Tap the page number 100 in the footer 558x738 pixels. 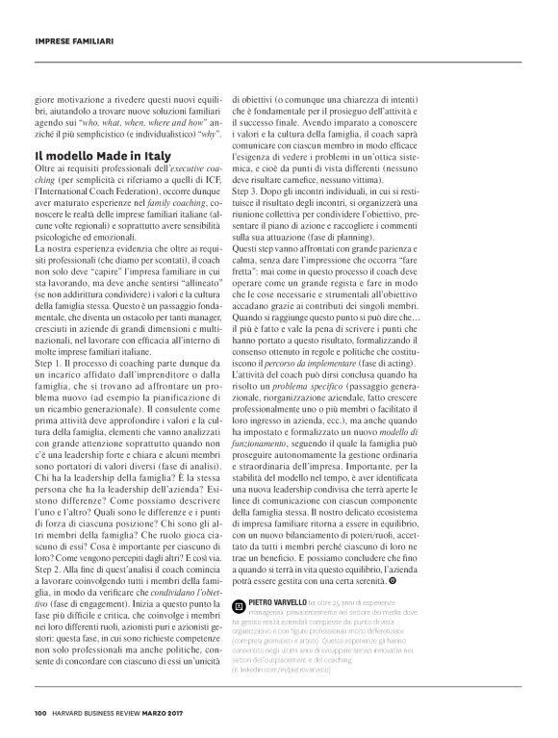click(x=39, y=712)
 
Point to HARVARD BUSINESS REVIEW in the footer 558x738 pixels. click(x=103, y=712)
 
